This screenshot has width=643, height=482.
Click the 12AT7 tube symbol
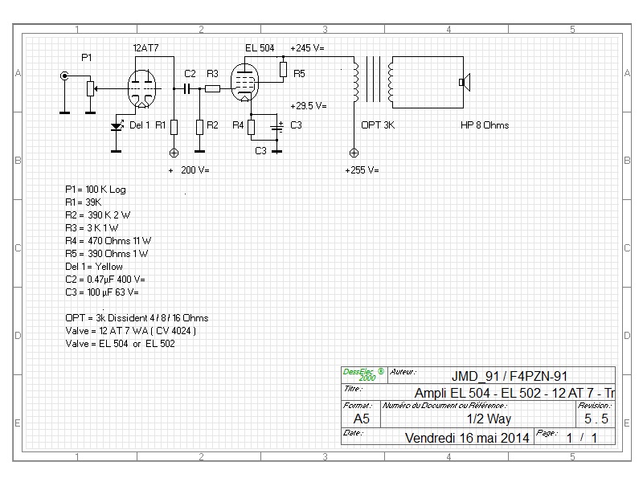click(141, 89)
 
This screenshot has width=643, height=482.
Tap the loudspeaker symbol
click(465, 83)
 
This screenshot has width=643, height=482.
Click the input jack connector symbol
click(64, 76)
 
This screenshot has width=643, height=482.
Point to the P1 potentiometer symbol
click(91, 88)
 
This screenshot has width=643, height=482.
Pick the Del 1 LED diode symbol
click(117, 126)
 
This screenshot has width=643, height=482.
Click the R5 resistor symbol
click(283, 70)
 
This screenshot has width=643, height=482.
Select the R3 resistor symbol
click(212, 88)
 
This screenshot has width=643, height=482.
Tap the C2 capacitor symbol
click(187, 88)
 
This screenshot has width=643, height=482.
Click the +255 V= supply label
click(362, 170)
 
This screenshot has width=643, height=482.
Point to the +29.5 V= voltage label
click(309, 106)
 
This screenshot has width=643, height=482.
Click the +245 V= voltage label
click(307, 48)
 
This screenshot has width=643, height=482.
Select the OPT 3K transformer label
click(378, 125)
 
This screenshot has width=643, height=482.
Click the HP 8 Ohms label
click(485, 125)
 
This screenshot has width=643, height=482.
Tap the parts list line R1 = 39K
click(84, 202)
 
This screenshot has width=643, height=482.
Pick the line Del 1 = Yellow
click(94, 267)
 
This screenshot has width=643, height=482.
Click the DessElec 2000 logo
click(364, 374)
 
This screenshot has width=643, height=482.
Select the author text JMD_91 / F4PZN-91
click(510, 376)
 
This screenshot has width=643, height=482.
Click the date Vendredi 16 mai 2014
click(467, 438)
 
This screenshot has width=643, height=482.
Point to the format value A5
click(361, 419)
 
